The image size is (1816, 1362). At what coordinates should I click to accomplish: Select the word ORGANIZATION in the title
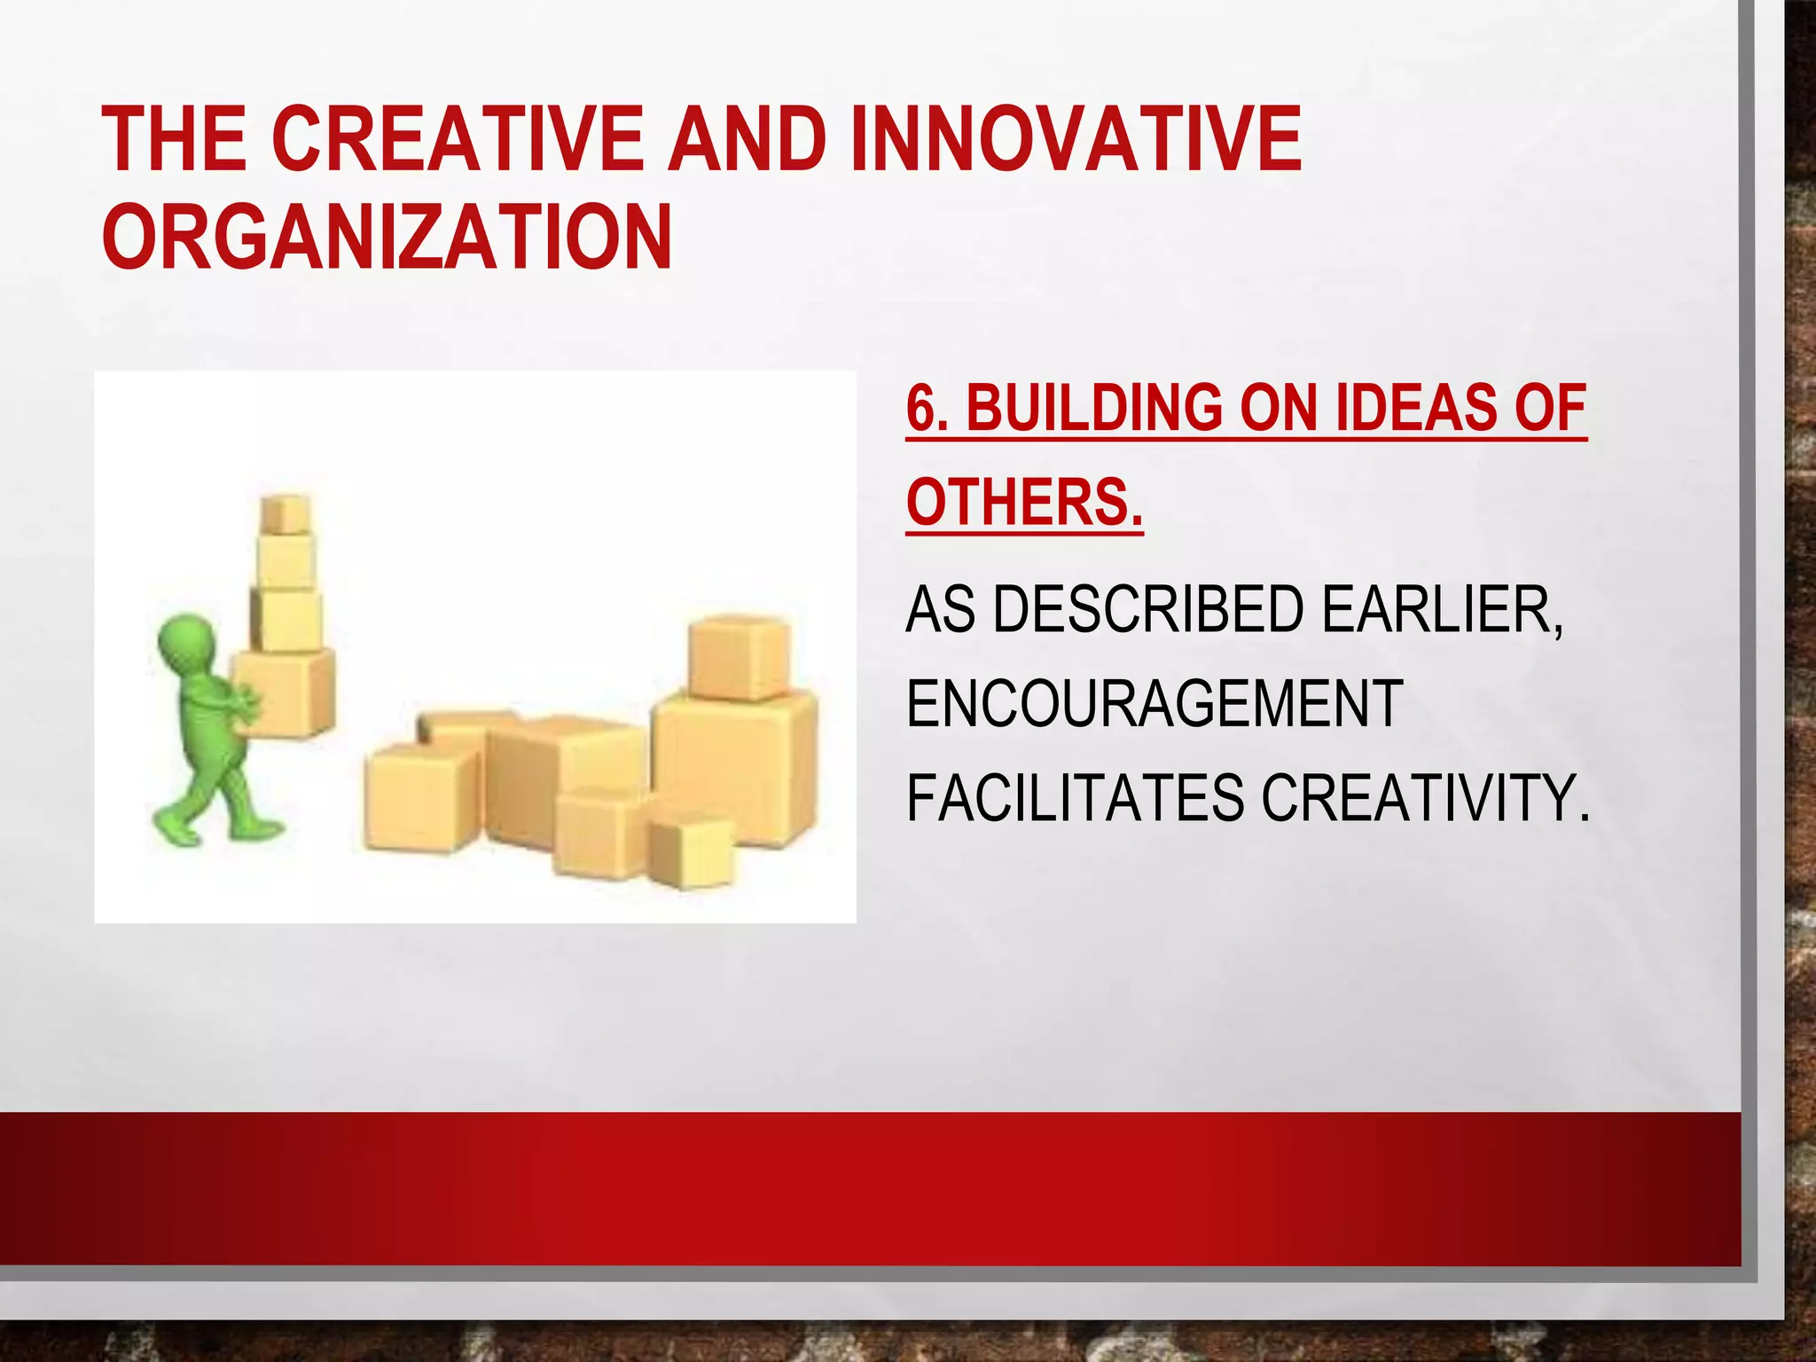387,238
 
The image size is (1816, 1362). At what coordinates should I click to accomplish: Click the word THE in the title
174,139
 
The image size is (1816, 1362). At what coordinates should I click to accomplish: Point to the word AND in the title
748,139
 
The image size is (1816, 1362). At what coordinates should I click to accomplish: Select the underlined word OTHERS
1024,502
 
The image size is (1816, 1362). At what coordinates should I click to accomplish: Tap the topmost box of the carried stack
285,514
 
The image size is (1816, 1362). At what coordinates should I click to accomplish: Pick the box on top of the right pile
738,657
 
